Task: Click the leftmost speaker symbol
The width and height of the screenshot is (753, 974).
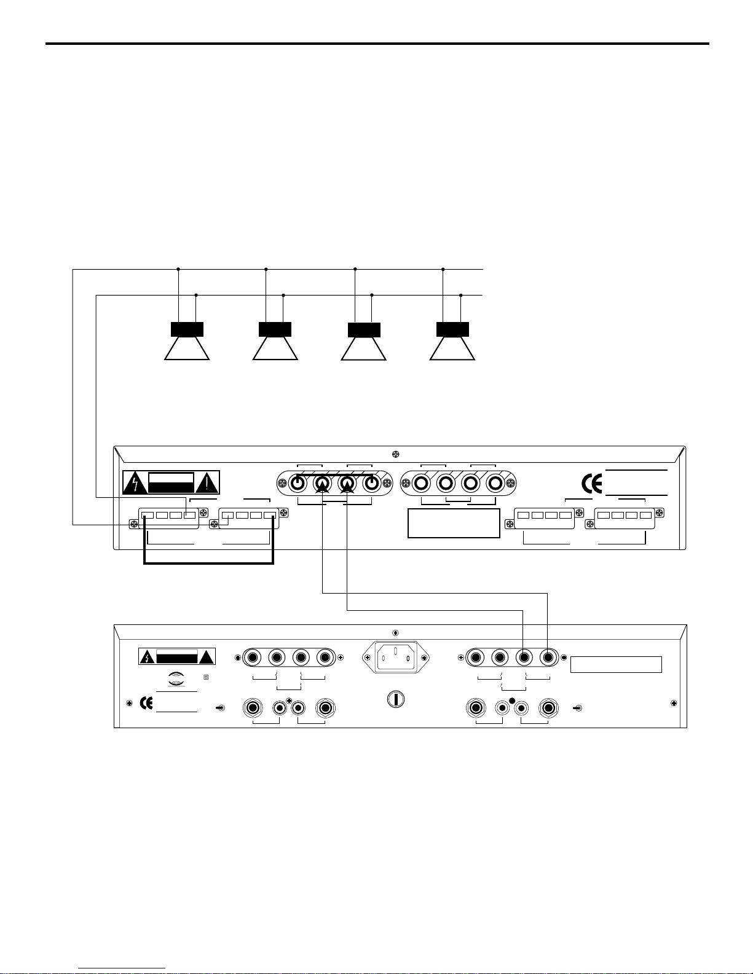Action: coord(187,341)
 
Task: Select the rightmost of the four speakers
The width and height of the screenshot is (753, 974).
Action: coord(452,341)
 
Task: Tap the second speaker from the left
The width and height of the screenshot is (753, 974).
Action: coord(275,341)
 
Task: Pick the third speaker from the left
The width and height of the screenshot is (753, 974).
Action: coord(364,341)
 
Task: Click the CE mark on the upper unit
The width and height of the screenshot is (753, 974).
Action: coord(592,484)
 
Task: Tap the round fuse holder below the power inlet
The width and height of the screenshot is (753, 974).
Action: coord(396,699)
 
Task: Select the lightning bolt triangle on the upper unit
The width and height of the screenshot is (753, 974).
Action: coord(135,484)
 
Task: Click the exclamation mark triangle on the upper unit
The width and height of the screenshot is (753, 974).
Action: coord(208,484)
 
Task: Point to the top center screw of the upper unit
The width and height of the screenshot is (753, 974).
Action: coord(396,455)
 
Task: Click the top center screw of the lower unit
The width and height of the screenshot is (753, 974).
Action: coord(396,633)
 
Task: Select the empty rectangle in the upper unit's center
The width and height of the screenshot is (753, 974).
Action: coord(454,523)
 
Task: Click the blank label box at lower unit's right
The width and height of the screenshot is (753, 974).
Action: coord(616,664)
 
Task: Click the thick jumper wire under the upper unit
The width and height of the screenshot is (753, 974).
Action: coord(208,563)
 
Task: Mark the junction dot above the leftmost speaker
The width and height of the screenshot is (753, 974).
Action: coord(178,269)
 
